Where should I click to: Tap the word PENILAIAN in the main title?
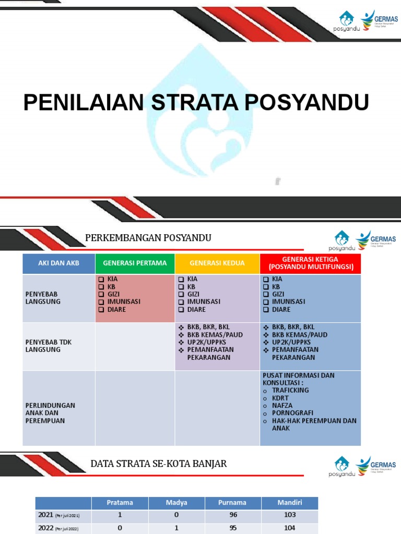[84, 103]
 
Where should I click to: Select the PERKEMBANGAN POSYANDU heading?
[148, 238]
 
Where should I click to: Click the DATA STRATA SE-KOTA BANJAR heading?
[159, 464]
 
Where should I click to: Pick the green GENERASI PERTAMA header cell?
[135, 263]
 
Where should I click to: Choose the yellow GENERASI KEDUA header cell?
[217, 263]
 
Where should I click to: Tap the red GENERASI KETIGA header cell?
[310, 263]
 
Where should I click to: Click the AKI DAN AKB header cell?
[58, 263]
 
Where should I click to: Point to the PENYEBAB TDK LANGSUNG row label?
[49, 346]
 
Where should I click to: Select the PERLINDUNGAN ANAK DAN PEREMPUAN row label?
[50, 412]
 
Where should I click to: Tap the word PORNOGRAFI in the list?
[292, 412]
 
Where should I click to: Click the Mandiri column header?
[290, 503]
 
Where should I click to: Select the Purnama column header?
[233, 503]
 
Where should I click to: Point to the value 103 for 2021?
[290, 515]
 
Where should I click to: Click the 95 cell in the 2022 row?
[233, 527]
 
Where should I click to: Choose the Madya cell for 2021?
[176, 515]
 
